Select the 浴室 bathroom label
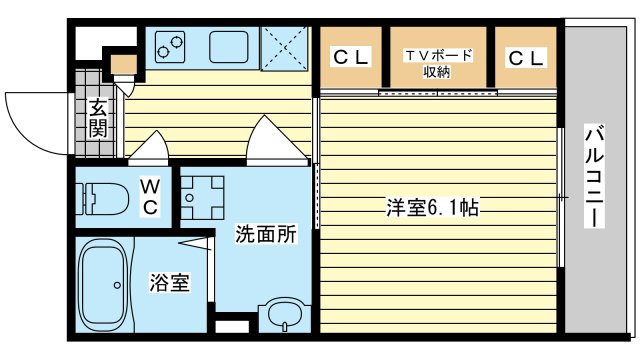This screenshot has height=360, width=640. tap(169, 283)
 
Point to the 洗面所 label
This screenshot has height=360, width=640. tap(265, 236)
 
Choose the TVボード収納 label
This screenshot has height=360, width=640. tap(437, 63)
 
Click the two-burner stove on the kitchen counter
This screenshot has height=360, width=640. tap(169, 46)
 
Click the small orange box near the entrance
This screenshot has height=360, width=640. tap(124, 66)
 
